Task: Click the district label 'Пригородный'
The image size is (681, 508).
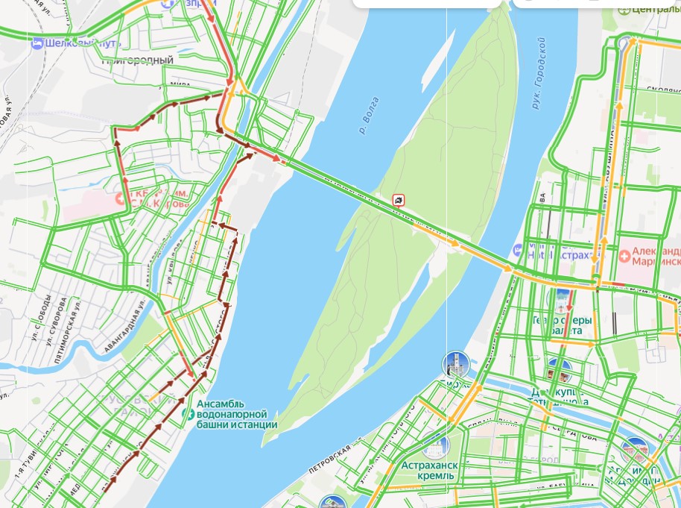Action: tap(138, 60)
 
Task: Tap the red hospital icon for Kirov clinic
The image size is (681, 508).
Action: tap(119, 199)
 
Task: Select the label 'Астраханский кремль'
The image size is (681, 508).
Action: tap(427, 470)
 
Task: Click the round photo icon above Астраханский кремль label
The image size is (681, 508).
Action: tap(434, 446)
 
